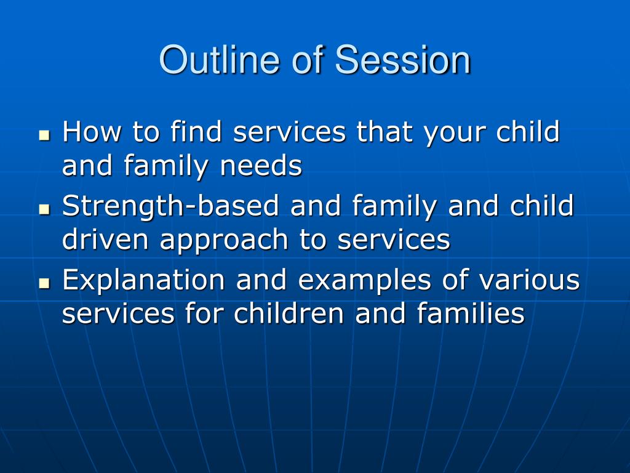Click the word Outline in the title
[x=219, y=60]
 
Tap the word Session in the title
[x=402, y=60]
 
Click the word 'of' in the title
[x=308, y=60]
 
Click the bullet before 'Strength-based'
[x=44, y=209]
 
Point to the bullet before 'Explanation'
[x=44, y=283]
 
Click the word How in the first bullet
[x=92, y=132]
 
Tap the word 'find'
[x=196, y=131]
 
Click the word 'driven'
[x=105, y=240]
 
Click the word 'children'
[x=289, y=313]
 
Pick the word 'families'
[x=471, y=313]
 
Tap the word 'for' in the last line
[x=204, y=313]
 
